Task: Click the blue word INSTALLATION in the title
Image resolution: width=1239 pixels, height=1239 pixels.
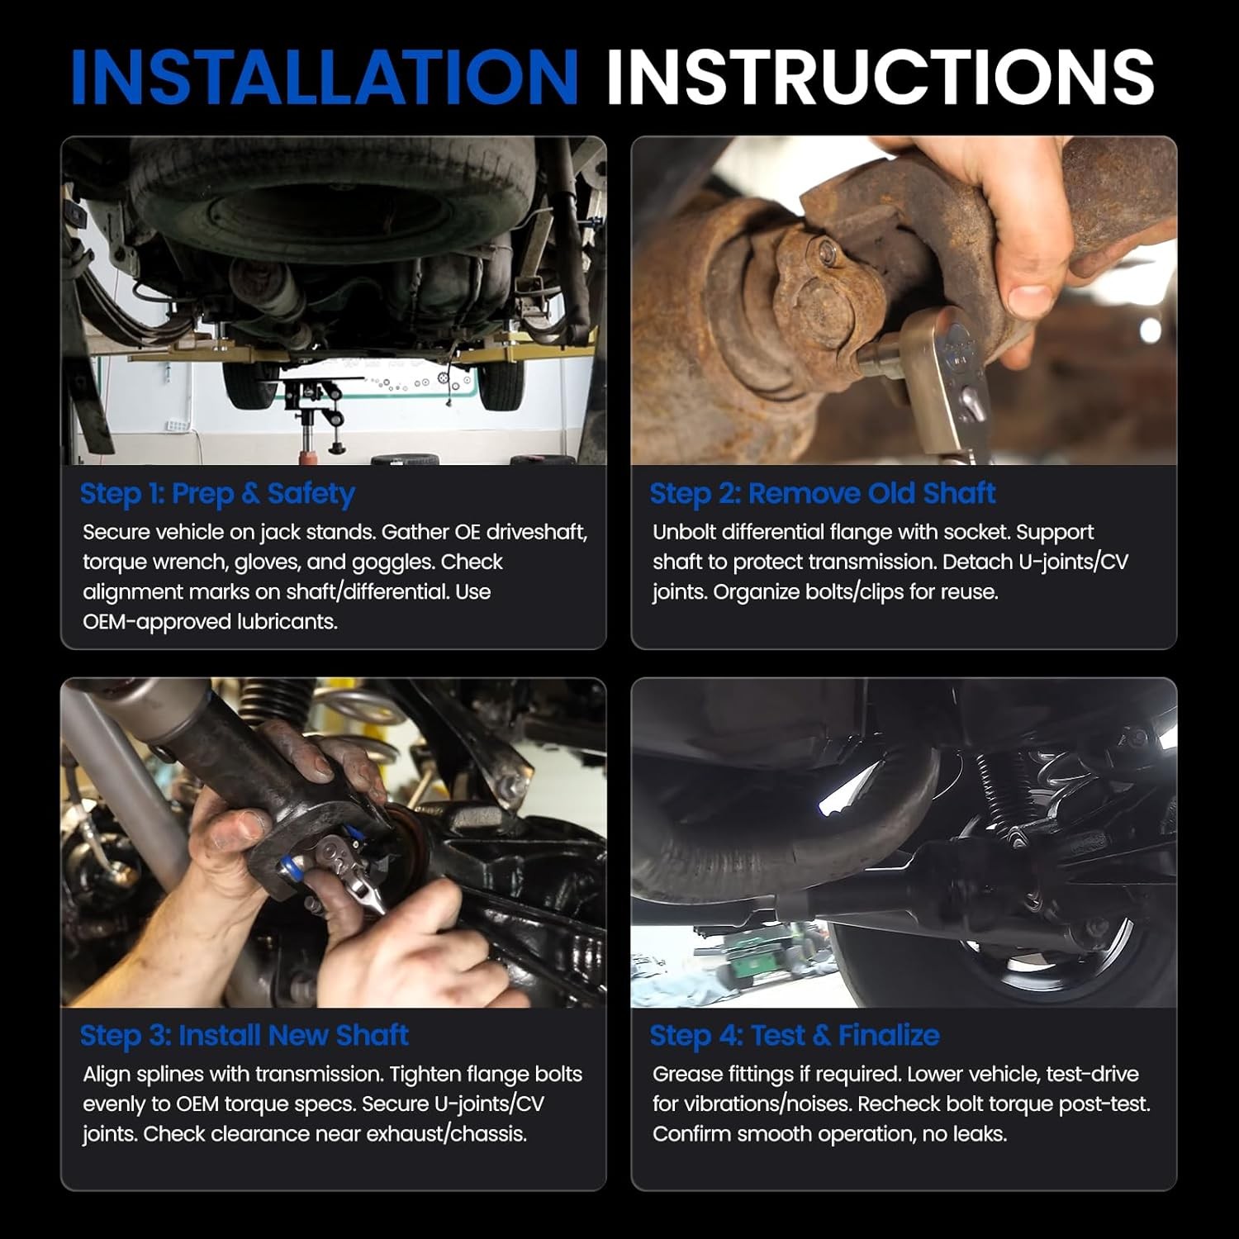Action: click(x=325, y=77)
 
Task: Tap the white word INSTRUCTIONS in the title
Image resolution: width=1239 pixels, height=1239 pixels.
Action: click(x=881, y=77)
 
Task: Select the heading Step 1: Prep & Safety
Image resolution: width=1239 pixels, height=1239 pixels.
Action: click(x=217, y=494)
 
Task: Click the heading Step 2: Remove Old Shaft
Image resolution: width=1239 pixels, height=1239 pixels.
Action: click(x=823, y=494)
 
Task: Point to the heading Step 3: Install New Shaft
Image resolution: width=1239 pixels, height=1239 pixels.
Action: click(x=244, y=1035)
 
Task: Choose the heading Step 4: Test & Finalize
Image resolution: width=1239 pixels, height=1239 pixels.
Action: click(x=795, y=1035)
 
